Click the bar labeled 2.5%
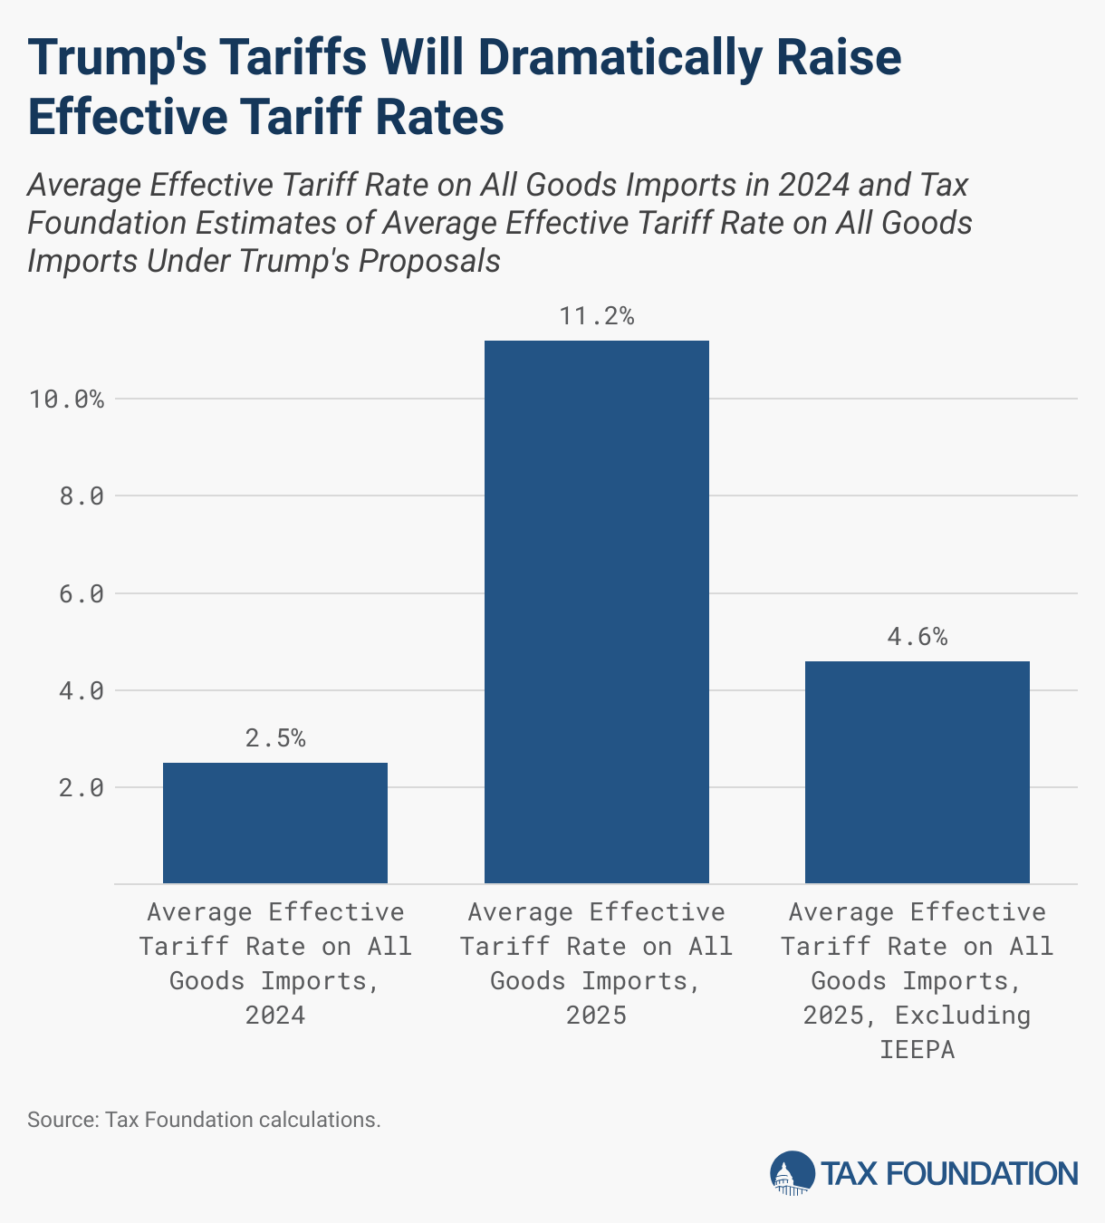point(275,823)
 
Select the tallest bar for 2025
point(597,611)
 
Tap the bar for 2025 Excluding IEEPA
point(918,772)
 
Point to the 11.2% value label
point(597,316)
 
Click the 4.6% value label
point(918,637)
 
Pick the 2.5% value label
point(275,738)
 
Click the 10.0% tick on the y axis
point(66,399)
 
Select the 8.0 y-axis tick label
point(81,496)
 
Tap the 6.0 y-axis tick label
point(81,593)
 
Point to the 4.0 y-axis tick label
point(81,690)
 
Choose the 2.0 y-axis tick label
point(81,787)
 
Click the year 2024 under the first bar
point(275,1015)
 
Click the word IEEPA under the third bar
point(918,1049)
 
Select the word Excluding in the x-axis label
point(963,1015)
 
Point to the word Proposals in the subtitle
point(429,261)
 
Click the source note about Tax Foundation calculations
point(204,1120)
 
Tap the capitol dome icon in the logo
point(792,1173)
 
